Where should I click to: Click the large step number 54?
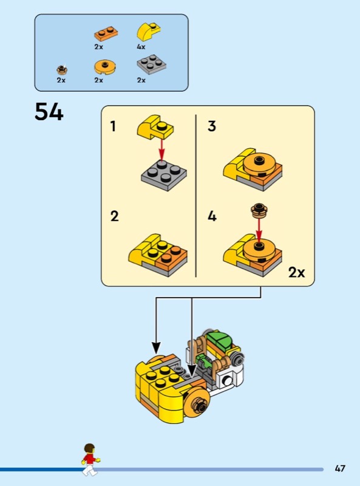coord(49,112)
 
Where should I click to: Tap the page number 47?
coord(340,468)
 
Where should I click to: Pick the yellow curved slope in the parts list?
coord(149,32)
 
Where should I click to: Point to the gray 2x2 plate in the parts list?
coord(152,64)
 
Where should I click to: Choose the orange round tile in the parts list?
coord(105,67)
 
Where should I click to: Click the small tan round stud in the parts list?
coord(63,69)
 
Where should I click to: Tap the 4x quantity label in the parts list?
coord(141,47)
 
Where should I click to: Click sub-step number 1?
coord(113,126)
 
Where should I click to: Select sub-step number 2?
coord(114,216)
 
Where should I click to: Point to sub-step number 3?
coord(212,126)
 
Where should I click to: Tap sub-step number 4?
coord(212,216)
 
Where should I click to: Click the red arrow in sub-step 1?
coord(161,149)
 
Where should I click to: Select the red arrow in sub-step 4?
coord(259,229)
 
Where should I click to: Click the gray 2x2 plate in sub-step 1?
coord(164,175)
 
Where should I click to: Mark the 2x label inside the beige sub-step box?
coord(296,272)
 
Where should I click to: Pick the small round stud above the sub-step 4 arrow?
coord(259,210)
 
